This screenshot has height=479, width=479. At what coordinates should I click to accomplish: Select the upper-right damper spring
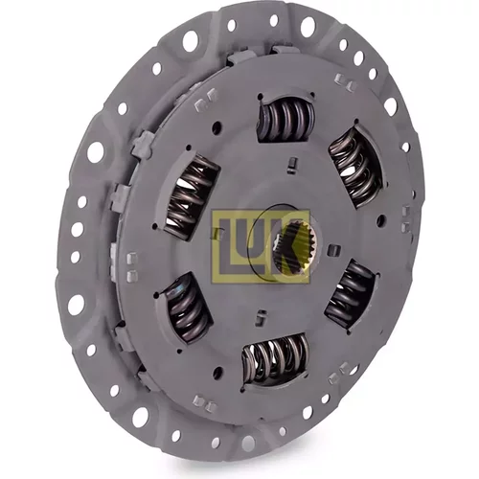click(355, 163)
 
